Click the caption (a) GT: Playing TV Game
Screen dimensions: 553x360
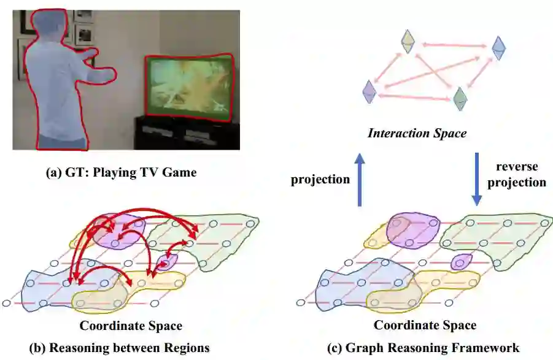tap(122, 172)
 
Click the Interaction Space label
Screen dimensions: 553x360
tap(417, 133)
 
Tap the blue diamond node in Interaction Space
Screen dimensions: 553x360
tap(499, 47)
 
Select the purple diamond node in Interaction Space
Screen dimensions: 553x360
tap(369, 91)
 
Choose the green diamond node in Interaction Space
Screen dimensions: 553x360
tap(460, 98)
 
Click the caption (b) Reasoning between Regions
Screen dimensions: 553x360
tap(120, 348)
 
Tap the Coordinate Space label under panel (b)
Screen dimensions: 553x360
tap(131, 326)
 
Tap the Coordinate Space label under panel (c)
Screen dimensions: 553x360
tap(425, 326)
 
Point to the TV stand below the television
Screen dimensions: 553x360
tap(187, 134)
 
